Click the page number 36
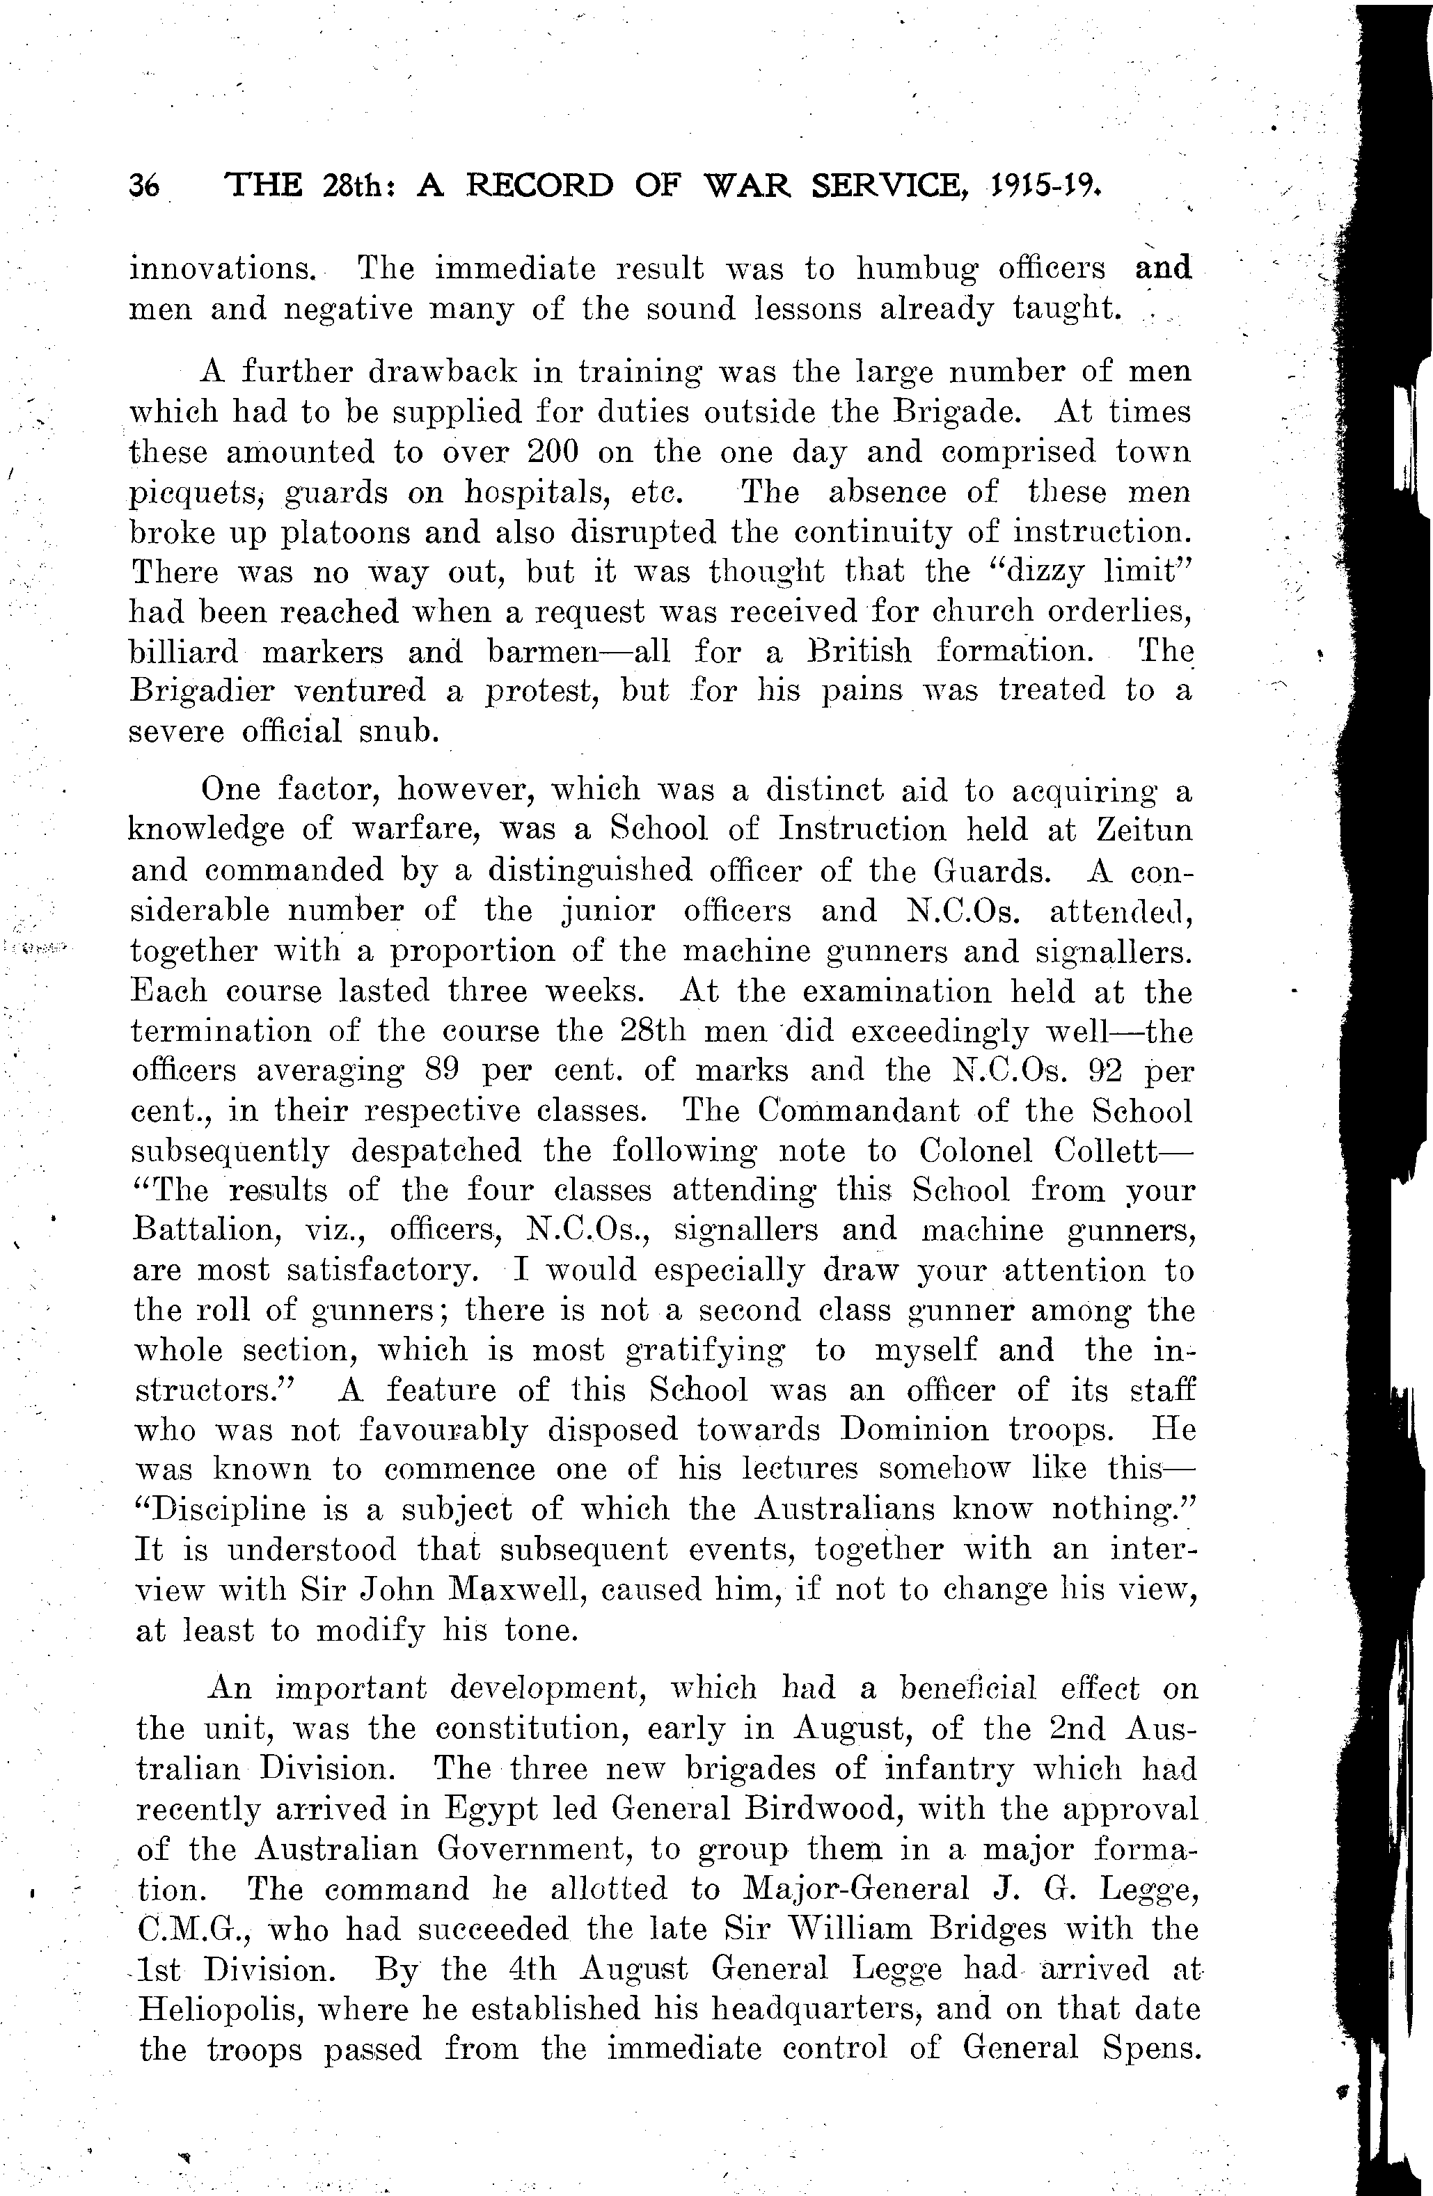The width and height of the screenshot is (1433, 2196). (145, 186)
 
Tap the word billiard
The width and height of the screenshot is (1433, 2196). (183, 651)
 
